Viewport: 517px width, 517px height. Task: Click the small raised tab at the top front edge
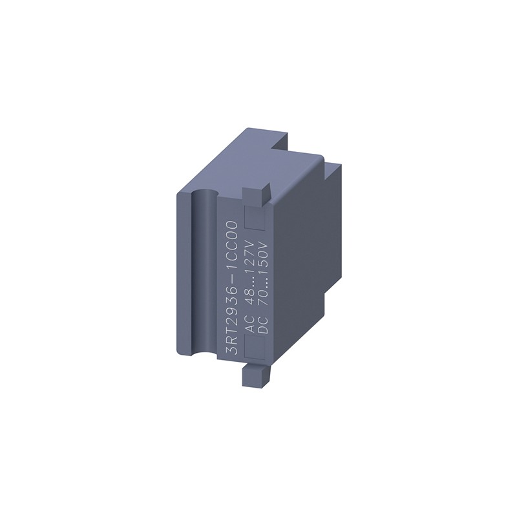[256, 193]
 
